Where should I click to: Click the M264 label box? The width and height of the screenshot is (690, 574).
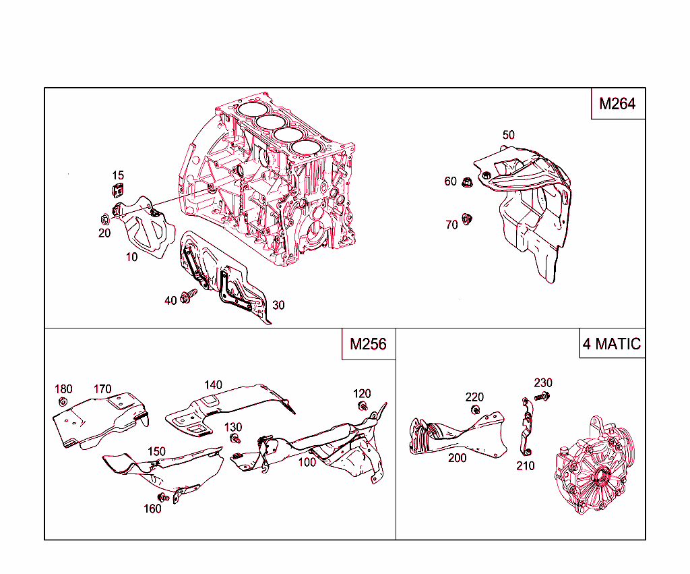[618, 104]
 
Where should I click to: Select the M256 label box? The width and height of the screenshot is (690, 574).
[368, 344]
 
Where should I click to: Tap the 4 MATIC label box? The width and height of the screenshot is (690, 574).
[612, 344]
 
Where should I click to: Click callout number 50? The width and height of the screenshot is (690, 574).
[508, 135]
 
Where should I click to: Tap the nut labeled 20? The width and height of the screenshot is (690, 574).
[104, 219]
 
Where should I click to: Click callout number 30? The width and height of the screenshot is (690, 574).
[278, 305]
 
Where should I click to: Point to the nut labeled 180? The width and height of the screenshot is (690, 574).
[63, 403]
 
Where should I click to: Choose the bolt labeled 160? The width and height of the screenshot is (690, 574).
[161, 498]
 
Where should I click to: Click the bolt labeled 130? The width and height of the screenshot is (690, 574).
[235, 438]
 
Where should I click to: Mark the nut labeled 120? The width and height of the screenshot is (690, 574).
[363, 406]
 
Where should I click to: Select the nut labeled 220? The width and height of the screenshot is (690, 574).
[475, 409]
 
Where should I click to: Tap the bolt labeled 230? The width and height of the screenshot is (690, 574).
[539, 397]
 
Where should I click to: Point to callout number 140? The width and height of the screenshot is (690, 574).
[213, 384]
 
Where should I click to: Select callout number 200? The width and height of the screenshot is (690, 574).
[457, 457]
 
